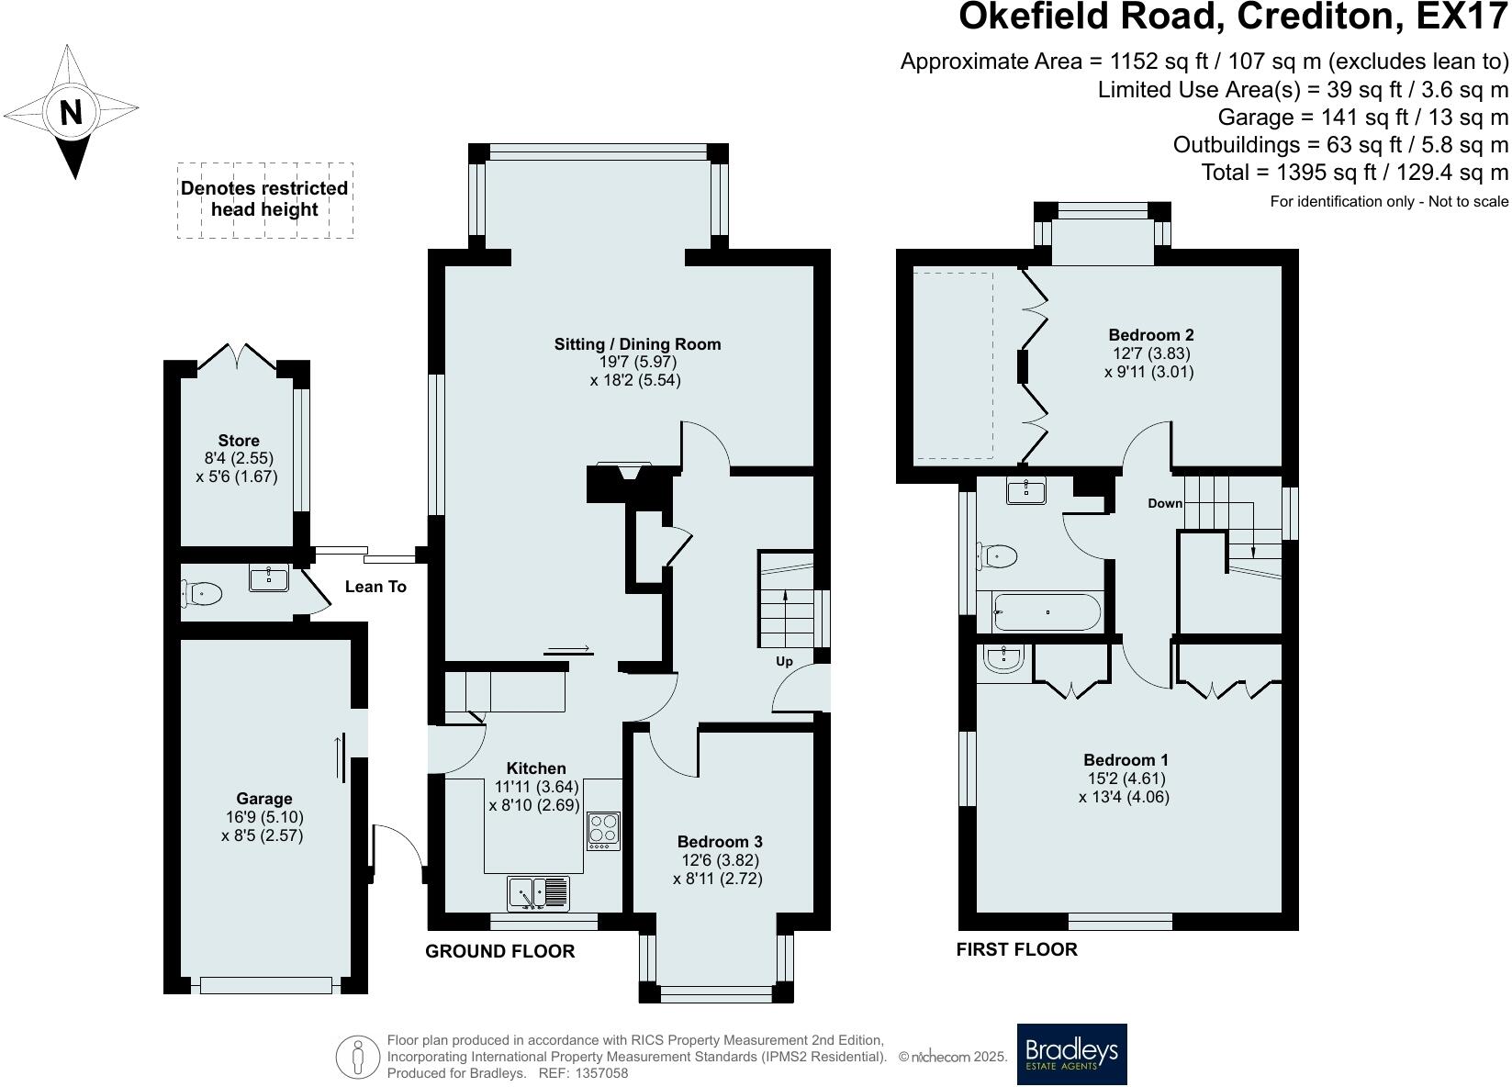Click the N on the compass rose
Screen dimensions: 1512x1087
71,112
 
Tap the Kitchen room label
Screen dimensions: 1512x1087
536,768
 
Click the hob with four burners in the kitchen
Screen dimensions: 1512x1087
603,831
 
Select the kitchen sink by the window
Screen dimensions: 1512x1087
538,893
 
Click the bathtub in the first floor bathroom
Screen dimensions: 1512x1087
1047,611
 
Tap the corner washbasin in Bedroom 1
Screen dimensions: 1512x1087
1004,657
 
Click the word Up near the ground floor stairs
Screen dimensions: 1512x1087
784,662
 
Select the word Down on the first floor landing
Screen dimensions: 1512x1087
1165,503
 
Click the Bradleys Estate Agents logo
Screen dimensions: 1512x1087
1072,1054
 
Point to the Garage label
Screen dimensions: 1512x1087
263,799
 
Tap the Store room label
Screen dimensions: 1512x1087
239,440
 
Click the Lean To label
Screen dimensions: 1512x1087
375,587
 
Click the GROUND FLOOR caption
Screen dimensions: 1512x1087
500,951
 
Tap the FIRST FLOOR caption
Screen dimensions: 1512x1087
1016,949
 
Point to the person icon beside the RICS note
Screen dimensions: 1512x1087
358,1056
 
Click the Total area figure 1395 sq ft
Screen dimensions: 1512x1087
1326,173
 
